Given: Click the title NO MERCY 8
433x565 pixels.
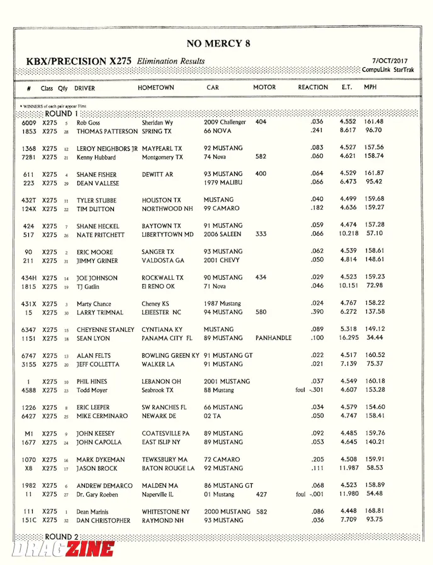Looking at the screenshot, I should coord(218,43).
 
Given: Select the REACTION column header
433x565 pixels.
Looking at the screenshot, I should coord(313,87).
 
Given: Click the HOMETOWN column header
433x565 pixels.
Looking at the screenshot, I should coord(156,87).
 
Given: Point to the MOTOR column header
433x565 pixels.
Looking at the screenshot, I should coord(264,87).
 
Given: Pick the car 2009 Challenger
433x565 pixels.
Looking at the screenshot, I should coord(225,123).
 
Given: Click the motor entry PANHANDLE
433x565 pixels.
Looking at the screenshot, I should coord(273,338).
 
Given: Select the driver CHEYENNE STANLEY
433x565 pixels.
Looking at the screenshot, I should coord(106,329).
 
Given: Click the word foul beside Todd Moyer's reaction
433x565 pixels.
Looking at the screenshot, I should coord(300,390).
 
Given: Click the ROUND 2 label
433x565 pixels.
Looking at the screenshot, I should coord(62,537).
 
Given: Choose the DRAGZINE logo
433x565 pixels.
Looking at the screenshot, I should coord(63,549).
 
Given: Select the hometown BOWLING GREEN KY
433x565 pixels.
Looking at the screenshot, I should coord(170,356).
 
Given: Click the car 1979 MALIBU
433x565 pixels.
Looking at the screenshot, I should coord(223,183).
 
